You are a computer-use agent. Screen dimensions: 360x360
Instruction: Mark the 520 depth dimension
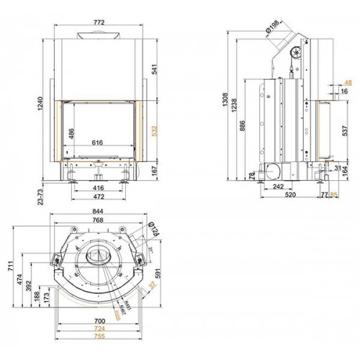(x=289, y=194)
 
